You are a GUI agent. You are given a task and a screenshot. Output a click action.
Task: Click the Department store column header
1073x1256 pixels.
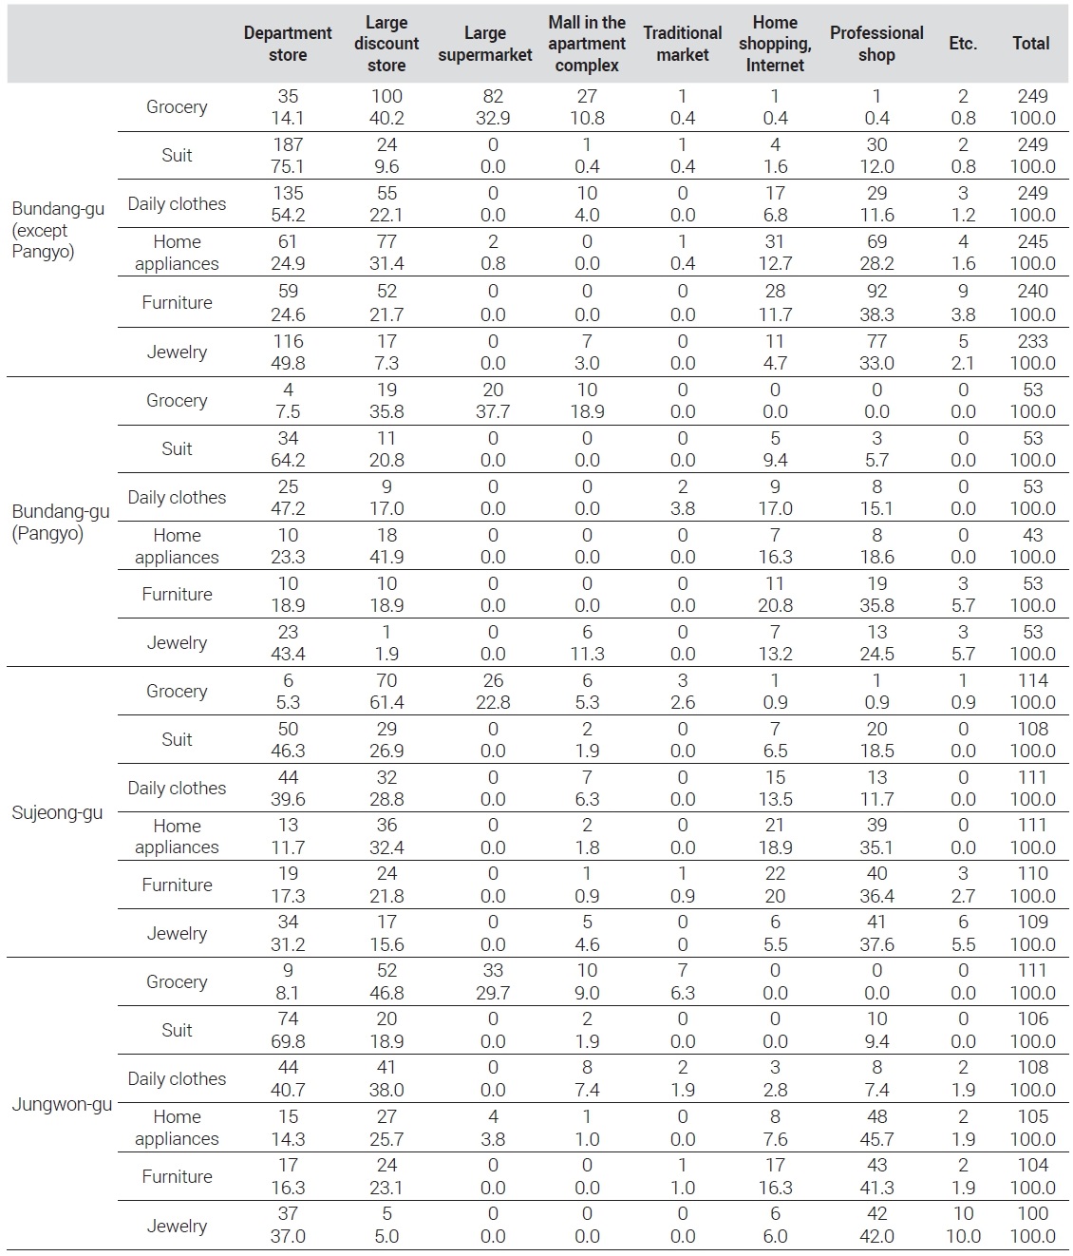(x=288, y=44)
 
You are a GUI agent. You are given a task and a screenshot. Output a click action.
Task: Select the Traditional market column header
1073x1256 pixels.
(x=682, y=44)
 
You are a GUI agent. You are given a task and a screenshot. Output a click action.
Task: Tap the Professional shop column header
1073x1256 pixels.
(x=876, y=44)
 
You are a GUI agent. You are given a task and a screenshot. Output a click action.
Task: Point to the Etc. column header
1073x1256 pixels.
(x=963, y=44)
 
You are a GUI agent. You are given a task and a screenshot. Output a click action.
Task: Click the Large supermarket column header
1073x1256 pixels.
(x=485, y=44)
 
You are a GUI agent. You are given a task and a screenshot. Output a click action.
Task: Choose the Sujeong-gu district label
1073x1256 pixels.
(x=57, y=813)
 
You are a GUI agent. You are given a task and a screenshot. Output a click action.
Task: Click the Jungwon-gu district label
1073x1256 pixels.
(x=62, y=1104)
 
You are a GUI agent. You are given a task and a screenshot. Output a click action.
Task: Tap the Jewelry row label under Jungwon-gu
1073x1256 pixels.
(x=177, y=1226)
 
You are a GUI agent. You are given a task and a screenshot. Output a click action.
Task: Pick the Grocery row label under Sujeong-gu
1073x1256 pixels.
(x=177, y=691)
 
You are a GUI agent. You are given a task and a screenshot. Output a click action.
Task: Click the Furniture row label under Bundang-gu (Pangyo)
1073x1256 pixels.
(x=177, y=594)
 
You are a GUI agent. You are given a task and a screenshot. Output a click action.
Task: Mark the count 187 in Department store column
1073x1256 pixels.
(x=288, y=144)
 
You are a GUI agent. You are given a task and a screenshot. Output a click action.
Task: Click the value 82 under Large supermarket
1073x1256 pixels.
(x=493, y=96)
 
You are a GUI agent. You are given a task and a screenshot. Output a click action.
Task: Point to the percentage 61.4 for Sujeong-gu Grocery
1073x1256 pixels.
(x=386, y=702)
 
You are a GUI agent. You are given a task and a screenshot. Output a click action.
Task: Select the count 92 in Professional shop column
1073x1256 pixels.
(x=876, y=291)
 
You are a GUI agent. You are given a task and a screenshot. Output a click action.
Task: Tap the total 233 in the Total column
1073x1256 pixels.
(x=1032, y=340)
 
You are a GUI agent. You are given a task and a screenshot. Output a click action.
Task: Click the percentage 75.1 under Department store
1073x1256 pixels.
(x=288, y=166)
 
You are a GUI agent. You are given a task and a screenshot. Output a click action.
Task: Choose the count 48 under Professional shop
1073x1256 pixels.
(x=876, y=1116)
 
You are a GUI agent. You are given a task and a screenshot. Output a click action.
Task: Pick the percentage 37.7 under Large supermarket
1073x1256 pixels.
(x=493, y=411)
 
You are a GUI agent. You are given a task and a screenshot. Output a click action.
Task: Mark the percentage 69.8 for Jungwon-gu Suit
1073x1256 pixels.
(x=288, y=1041)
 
